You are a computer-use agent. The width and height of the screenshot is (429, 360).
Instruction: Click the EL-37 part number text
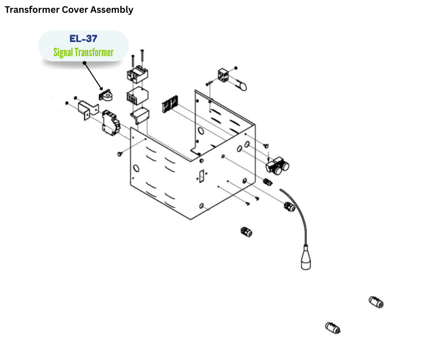tap(83, 38)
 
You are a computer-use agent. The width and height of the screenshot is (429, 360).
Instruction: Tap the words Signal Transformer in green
tap(83, 53)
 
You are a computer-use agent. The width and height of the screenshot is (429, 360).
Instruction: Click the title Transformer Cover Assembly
tap(69, 10)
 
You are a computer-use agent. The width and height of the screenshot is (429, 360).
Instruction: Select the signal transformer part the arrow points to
tap(107, 95)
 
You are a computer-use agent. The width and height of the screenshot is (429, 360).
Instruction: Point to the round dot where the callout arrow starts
tap(84, 64)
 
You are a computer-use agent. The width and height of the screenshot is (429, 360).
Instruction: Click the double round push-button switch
tap(279, 166)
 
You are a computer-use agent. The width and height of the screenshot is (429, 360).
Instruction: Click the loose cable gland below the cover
tap(246, 232)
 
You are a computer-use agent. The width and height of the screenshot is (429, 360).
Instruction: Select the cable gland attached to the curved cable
tap(290, 207)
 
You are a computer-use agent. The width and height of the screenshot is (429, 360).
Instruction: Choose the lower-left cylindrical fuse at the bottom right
tap(333, 328)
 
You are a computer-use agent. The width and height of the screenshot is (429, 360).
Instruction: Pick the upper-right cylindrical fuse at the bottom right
tap(376, 302)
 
